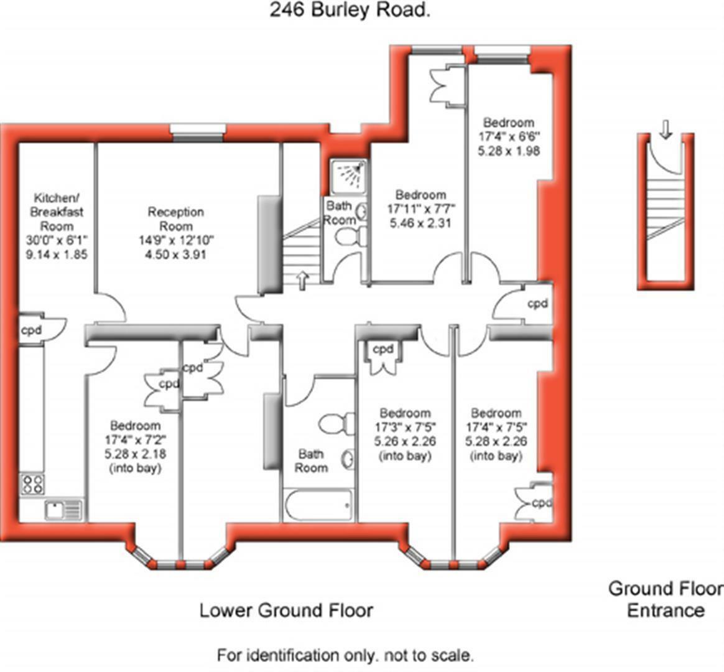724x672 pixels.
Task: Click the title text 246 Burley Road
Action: (350, 10)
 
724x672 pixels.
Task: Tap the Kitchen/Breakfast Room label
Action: (57, 212)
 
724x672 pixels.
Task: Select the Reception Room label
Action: (176, 219)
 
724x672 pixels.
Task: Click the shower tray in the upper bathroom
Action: (349, 177)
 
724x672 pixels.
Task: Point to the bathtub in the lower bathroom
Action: (318, 505)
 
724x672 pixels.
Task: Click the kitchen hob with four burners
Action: (32, 485)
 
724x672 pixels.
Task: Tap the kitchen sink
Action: (63, 510)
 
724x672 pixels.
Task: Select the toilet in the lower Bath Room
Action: (336, 424)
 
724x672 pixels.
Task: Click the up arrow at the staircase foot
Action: (302, 281)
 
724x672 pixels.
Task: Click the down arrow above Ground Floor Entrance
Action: (666, 129)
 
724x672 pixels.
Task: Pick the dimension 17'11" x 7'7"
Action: (421, 209)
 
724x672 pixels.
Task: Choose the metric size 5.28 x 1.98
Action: (509, 151)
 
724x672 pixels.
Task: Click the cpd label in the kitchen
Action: (31, 330)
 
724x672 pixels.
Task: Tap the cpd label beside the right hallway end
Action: (538, 304)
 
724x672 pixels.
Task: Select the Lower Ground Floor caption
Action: (286, 610)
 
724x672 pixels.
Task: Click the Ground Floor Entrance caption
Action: (666, 599)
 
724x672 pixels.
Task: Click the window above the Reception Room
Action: (197, 133)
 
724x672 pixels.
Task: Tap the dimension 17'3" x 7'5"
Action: (405, 427)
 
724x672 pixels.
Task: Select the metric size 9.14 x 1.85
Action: (57, 254)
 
